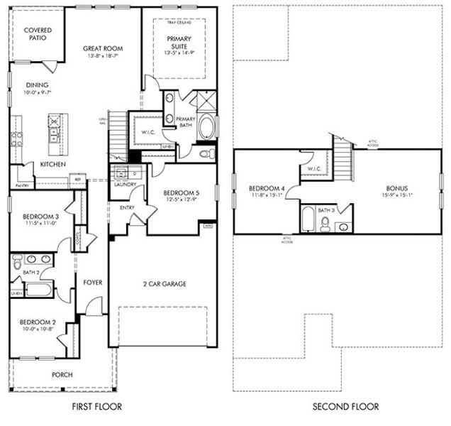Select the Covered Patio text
point(35,33)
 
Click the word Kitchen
point(53,165)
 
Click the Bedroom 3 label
point(40,216)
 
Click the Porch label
point(62,375)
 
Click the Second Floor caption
point(345,407)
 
